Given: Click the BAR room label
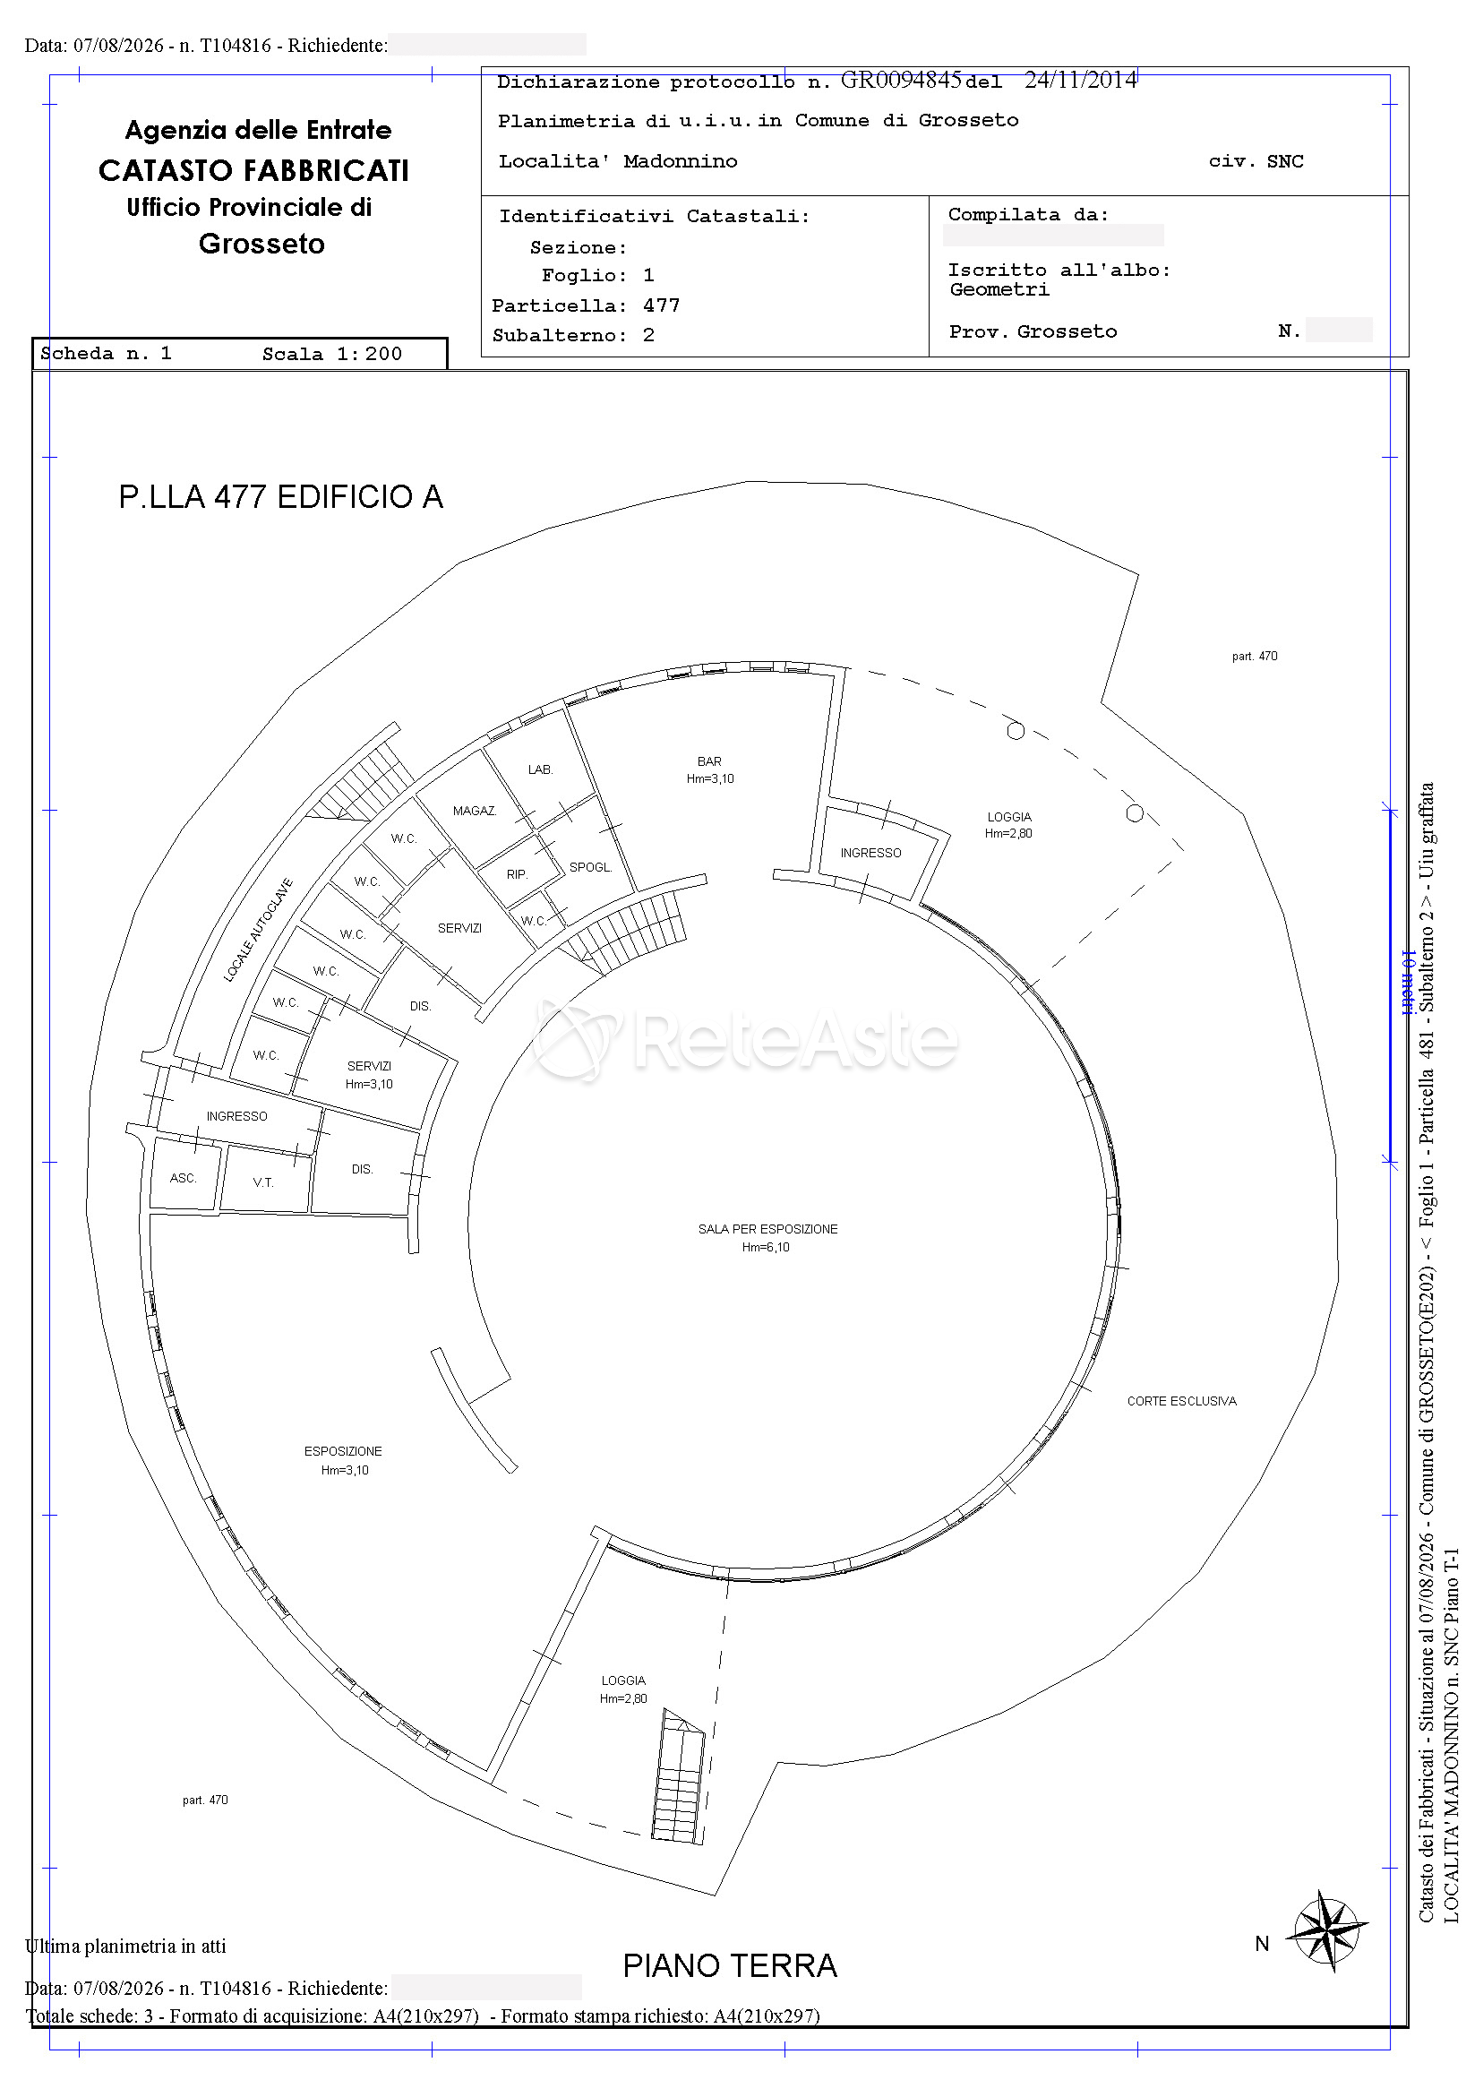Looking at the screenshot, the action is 709,761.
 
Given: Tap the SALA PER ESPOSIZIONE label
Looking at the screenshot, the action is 768,1229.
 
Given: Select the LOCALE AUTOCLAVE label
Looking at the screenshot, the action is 259,930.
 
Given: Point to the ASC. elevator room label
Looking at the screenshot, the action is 184,1178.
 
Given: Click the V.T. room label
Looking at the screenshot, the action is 263,1182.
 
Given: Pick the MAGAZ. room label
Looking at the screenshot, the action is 475,811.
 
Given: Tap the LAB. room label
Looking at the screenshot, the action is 541,770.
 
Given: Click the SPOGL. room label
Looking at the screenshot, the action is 591,867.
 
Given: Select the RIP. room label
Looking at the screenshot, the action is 518,874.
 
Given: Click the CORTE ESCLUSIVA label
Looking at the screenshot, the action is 1181,1401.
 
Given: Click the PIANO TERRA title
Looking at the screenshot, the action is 730,1965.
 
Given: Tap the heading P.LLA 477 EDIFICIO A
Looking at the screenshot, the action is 280,497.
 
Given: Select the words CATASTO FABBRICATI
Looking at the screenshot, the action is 253,171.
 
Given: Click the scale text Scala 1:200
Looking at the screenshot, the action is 332,355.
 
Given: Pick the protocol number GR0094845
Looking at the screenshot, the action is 901,81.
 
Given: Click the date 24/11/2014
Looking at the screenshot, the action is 1081,81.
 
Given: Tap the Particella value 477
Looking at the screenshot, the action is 661,305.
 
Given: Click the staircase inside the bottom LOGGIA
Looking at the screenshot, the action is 678,1775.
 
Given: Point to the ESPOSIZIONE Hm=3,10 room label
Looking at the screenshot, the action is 343,1460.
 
